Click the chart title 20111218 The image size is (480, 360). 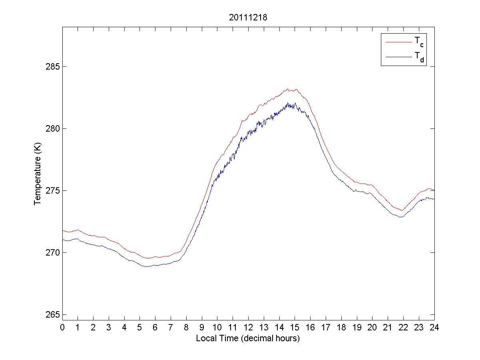[x=248, y=18]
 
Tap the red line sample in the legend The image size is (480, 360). [x=398, y=41]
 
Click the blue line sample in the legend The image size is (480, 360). [x=398, y=58]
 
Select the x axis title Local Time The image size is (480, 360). [x=248, y=338]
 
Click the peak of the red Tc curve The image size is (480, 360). [x=293, y=89]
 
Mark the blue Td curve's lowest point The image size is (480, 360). [x=147, y=266]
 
